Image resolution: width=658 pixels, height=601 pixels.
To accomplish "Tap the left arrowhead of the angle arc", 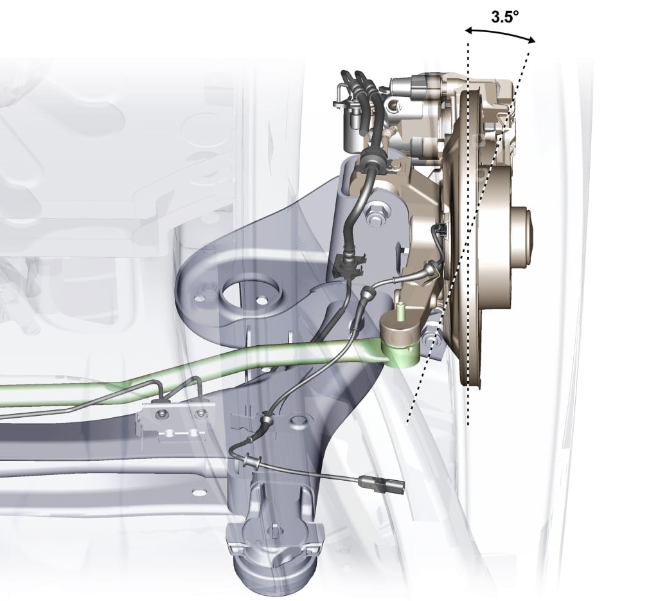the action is coord(469,30).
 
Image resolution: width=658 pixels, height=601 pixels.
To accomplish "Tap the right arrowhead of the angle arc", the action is coord(531,40).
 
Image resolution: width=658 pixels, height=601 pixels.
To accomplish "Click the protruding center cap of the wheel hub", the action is coord(522,237).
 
